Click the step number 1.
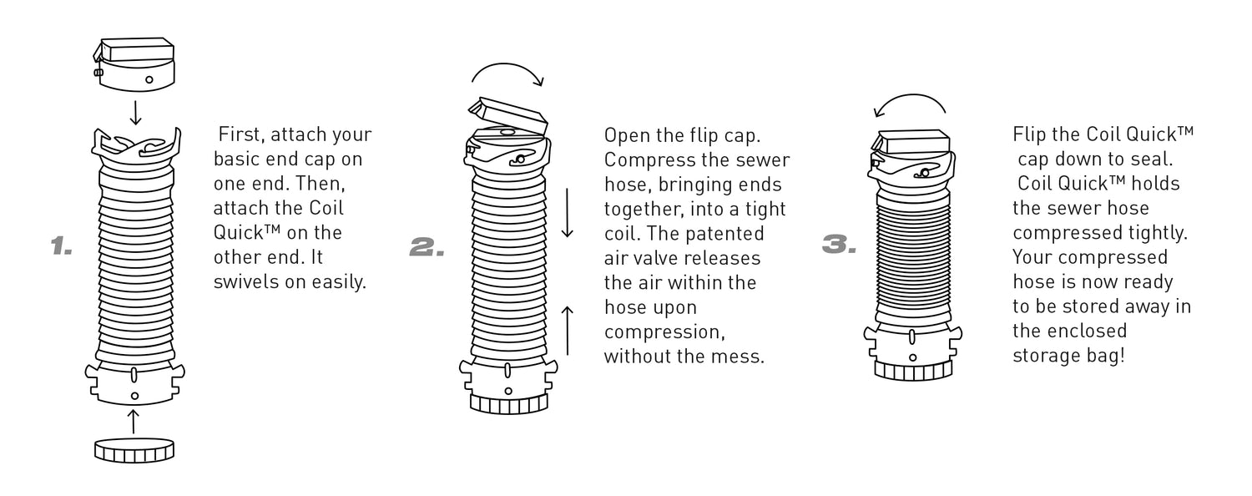click(x=62, y=245)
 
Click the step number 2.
click(x=427, y=245)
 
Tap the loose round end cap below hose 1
click(x=134, y=449)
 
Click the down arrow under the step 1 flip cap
click(x=135, y=110)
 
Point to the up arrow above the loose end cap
click(x=134, y=421)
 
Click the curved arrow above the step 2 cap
click(x=507, y=74)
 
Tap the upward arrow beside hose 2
click(x=568, y=331)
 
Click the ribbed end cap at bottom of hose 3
click(x=912, y=368)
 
